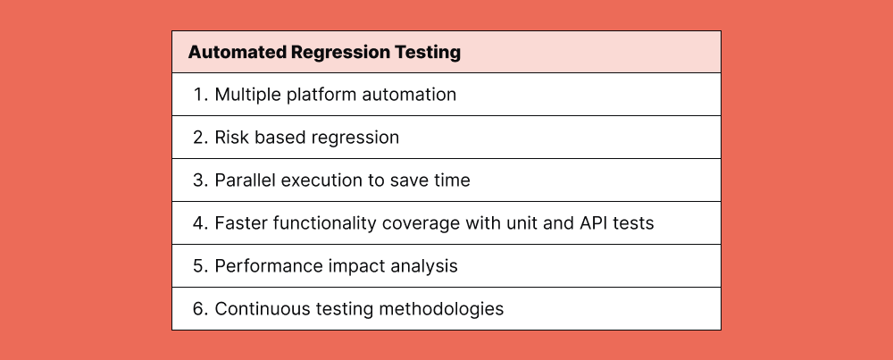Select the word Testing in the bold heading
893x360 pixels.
[x=428, y=53]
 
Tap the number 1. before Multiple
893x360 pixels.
[x=200, y=95]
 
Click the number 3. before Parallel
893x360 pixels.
[x=200, y=180]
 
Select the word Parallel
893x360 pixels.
[x=245, y=180]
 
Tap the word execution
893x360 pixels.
[x=322, y=180]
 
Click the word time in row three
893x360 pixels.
[x=451, y=180]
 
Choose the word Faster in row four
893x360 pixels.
[x=240, y=223]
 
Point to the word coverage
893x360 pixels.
[x=419, y=223]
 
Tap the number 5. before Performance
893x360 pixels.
[x=200, y=266]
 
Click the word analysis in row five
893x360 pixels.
[x=423, y=266]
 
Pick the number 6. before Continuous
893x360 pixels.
[x=200, y=309]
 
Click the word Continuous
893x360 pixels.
[x=258, y=309]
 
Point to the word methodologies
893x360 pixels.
[x=439, y=309]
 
